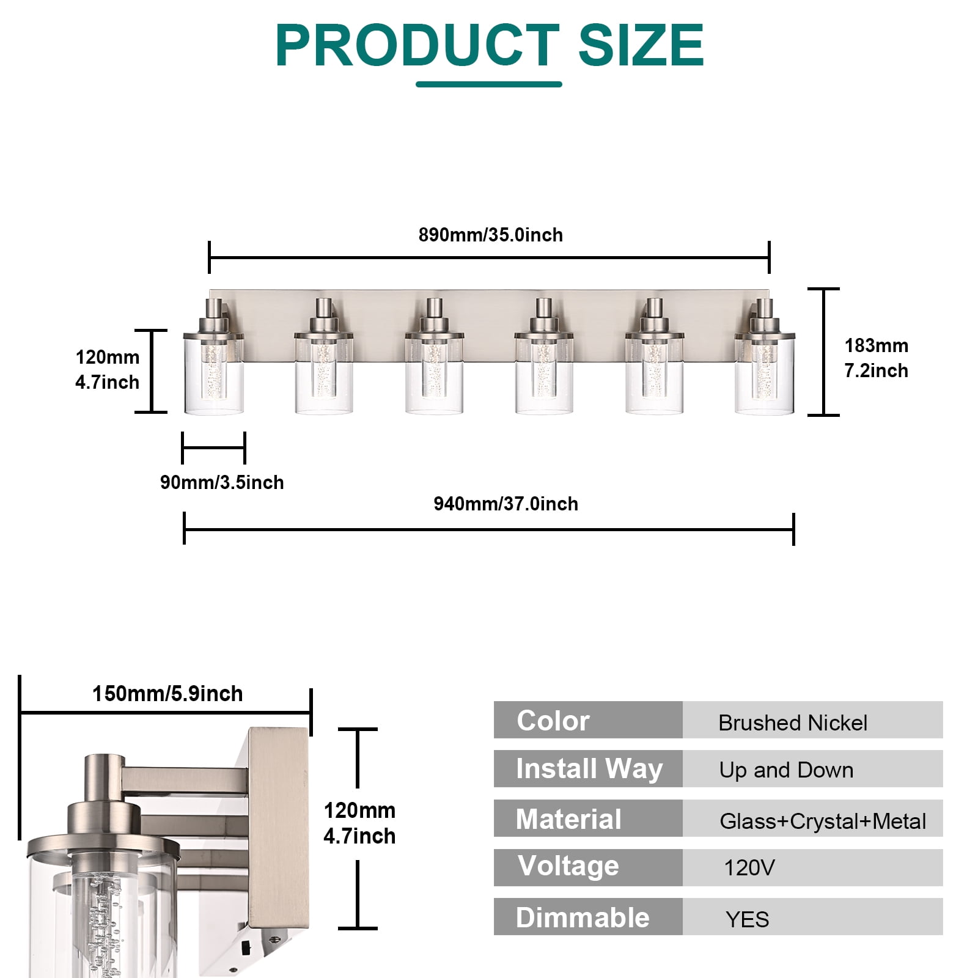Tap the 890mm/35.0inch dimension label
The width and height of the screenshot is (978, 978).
(x=490, y=235)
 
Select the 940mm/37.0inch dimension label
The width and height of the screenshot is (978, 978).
(x=506, y=504)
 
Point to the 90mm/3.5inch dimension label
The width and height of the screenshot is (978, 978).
(x=222, y=482)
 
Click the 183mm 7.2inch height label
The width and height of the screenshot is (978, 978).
(x=876, y=358)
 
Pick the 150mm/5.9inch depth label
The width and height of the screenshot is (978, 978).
(x=167, y=694)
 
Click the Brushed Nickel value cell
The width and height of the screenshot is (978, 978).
(x=812, y=720)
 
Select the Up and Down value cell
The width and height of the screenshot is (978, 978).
(x=812, y=769)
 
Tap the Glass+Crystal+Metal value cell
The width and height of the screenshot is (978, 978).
(x=812, y=818)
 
